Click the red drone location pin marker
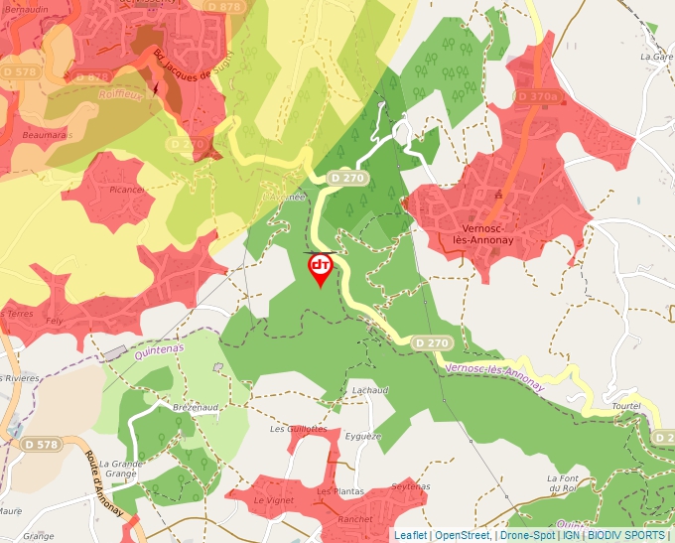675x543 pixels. [x=321, y=269]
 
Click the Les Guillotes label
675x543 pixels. [x=299, y=429]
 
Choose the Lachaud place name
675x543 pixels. [x=369, y=390]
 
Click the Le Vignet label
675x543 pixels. [x=274, y=500]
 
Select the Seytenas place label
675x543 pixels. [x=412, y=486]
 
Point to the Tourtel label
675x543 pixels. [x=627, y=407]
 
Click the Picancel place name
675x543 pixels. [x=127, y=189]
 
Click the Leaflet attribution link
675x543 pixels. [x=410, y=535]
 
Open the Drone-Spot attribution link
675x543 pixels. [x=527, y=535]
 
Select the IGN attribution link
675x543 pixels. [x=571, y=535]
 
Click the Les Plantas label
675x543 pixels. [x=339, y=491]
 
